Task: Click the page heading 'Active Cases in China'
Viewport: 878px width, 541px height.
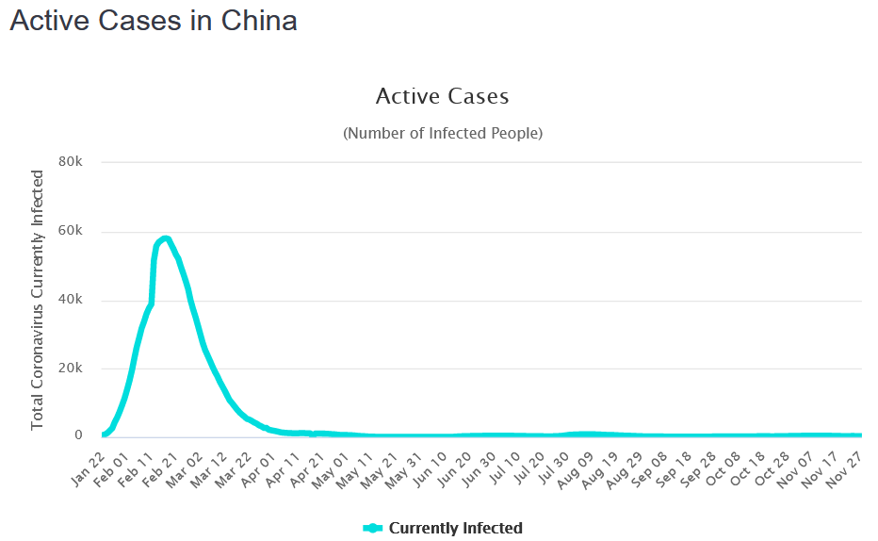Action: pos(154,21)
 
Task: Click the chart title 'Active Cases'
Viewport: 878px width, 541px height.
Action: pos(442,96)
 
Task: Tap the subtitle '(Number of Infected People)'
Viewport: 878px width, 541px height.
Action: pos(442,133)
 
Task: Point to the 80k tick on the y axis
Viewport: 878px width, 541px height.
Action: pos(72,162)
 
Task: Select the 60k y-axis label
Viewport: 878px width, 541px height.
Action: pos(72,231)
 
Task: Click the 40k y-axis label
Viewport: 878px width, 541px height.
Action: pos(72,300)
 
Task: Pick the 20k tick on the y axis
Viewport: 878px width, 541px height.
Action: pos(72,369)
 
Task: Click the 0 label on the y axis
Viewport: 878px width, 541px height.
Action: pos(79,436)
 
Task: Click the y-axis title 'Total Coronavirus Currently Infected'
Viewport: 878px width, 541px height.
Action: pos(38,300)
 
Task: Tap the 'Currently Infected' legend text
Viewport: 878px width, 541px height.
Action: pos(455,528)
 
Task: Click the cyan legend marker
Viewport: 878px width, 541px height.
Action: pos(373,528)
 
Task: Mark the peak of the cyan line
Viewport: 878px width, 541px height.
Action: pos(165,238)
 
